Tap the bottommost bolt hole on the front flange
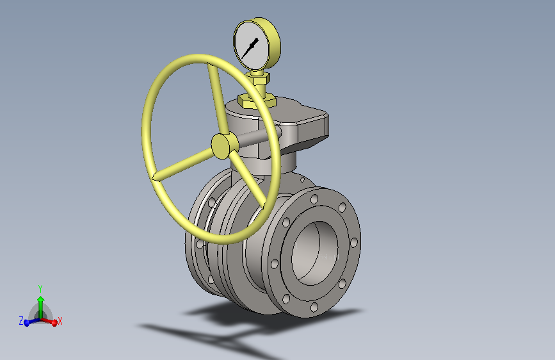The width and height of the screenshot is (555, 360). coord(314,307)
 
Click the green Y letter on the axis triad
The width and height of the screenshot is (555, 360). coord(40,288)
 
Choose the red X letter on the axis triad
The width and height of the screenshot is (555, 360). coord(60,320)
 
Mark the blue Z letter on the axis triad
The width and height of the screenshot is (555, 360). coord(21,320)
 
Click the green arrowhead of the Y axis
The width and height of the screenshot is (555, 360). coord(40,299)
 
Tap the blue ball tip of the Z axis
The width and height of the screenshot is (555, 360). coord(27,323)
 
